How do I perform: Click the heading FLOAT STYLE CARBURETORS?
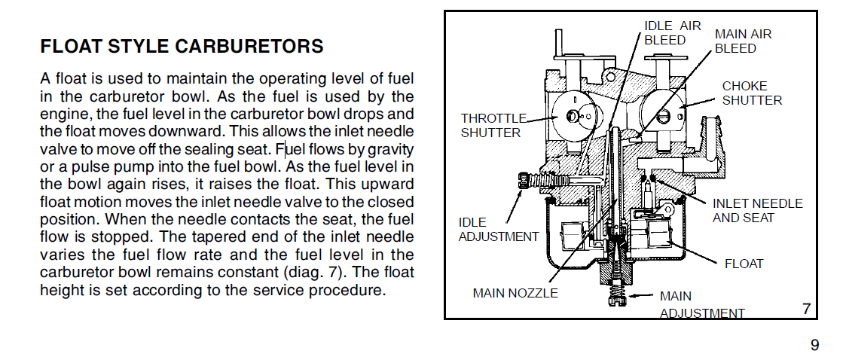pos(182,47)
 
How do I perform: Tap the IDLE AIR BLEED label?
pos(672,32)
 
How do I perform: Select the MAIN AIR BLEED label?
pos(743,41)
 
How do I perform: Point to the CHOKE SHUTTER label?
pos(752,93)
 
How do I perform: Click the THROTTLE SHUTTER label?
pos(491,125)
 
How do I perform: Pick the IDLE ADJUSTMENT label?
pos(499,229)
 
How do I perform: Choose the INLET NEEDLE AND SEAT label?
pos(757,210)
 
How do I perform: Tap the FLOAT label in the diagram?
pos(744,264)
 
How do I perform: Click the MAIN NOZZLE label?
pos(515,293)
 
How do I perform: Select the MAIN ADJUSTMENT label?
pos(701,304)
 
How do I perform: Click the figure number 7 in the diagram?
pos(805,308)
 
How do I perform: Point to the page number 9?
pos(814,346)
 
